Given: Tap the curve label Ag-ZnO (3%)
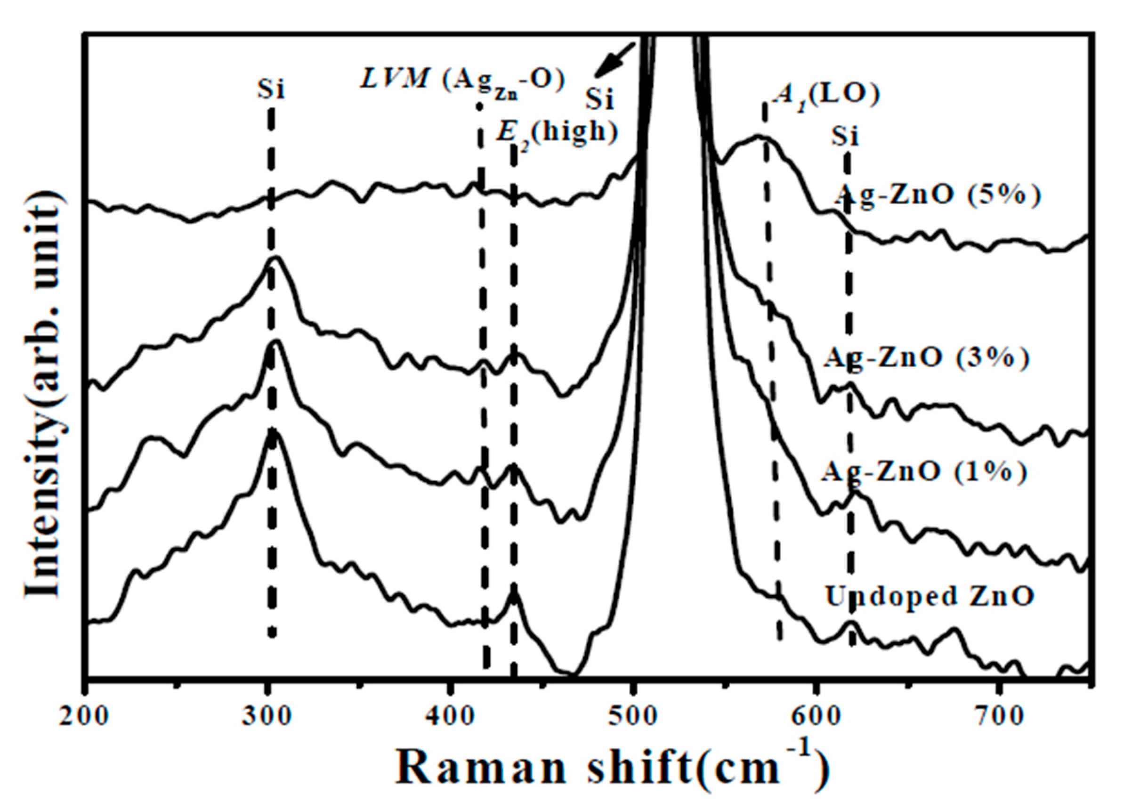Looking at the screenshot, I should coord(926,358).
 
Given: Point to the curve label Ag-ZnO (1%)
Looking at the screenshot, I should coord(924,472).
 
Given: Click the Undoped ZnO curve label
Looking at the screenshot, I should coord(929,596).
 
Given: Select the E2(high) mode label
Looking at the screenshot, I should coord(557,133).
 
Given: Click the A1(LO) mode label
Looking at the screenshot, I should coord(825,96).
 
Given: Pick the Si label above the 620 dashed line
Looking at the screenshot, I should coord(844,136).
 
